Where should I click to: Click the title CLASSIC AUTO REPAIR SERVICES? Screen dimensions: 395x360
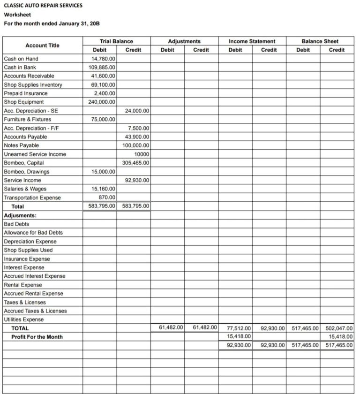43,6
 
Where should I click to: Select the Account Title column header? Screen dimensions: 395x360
42,46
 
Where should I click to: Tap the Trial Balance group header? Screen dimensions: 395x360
116,41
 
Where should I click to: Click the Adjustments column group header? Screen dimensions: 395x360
184,41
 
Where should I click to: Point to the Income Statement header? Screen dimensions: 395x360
252,41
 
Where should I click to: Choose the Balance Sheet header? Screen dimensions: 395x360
320,41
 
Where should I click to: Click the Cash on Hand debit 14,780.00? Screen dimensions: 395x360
103,59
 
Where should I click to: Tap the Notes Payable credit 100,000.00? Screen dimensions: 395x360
135,145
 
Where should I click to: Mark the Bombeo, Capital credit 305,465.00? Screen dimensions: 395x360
135,163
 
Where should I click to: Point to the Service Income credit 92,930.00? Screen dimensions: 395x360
137,180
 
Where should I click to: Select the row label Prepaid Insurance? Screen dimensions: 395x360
25,93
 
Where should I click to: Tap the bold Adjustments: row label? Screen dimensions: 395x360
20,215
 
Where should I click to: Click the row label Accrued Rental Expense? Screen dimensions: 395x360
33,294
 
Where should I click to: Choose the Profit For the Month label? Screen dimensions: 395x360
37,337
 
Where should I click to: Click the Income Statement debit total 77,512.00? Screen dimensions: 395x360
239,328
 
